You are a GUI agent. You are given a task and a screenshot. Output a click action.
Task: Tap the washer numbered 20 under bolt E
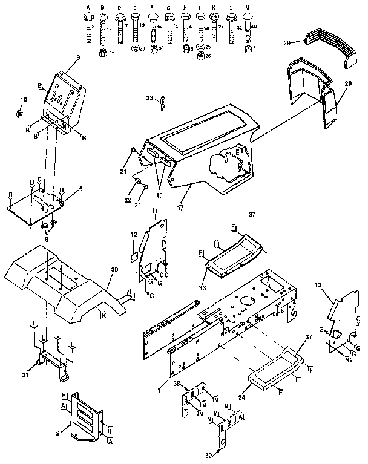pos(135,48)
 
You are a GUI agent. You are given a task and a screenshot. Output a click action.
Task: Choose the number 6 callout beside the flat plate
pos(80,189)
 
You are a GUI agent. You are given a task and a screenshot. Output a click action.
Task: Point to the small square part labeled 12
pos(134,257)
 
